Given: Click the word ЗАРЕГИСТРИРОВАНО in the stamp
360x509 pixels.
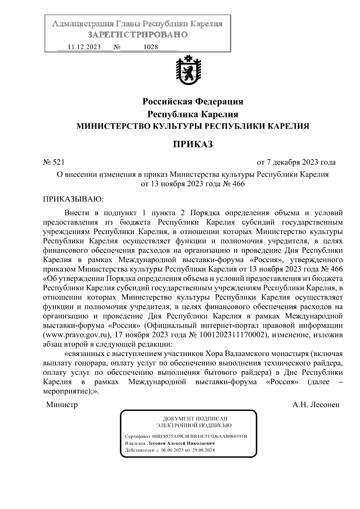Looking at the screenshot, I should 137,35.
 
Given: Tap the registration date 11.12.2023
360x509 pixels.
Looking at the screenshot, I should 84,47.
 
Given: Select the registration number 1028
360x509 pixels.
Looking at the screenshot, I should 151,47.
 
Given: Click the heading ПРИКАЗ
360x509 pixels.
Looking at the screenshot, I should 193,144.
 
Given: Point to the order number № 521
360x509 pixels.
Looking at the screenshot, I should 54,162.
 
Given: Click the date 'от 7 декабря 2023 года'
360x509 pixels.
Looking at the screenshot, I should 296,162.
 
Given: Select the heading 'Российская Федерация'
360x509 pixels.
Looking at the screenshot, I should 193,101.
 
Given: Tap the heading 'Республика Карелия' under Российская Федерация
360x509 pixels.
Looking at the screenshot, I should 193,114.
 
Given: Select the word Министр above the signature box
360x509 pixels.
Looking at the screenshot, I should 62,405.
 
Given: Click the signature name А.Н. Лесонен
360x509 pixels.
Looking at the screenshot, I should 316,405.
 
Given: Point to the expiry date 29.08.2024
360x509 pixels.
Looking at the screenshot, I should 204,450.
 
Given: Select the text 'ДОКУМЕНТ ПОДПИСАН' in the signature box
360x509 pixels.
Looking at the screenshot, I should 195,418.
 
